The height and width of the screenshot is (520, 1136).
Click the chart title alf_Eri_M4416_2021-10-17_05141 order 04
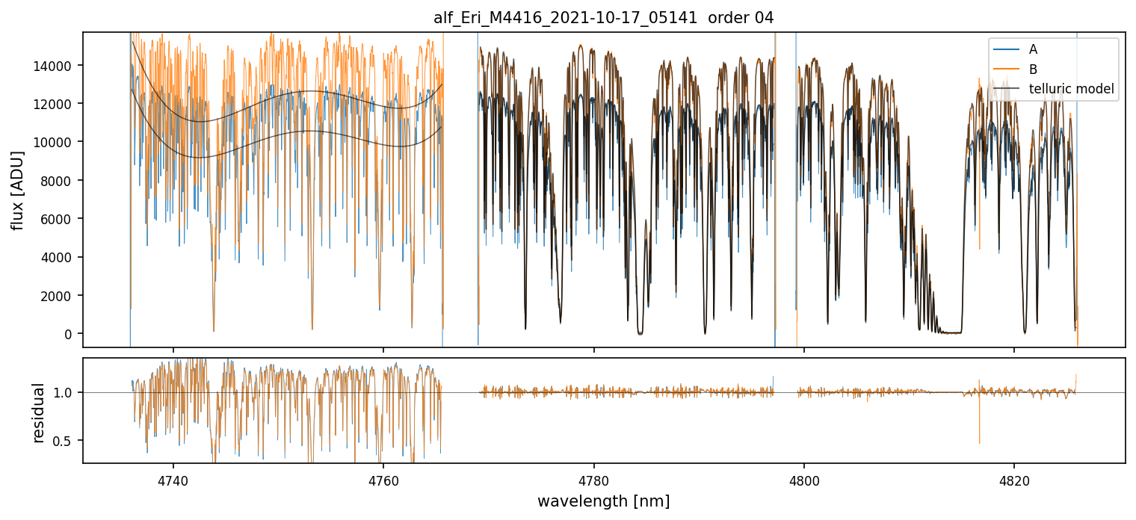(x=603, y=18)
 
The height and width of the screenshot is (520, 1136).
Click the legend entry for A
(x=1033, y=49)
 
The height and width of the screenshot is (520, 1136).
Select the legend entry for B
(x=1033, y=69)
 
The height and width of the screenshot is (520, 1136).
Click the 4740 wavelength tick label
(x=173, y=480)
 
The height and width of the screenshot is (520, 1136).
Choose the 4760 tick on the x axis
(x=383, y=480)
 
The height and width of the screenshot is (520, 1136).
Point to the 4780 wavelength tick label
(x=593, y=480)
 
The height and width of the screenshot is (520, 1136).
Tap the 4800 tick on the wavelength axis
(x=803, y=480)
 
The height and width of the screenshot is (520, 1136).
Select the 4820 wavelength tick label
(x=1013, y=480)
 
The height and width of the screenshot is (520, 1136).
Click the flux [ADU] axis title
(x=17, y=190)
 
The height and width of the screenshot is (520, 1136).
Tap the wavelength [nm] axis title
(x=603, y=501)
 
